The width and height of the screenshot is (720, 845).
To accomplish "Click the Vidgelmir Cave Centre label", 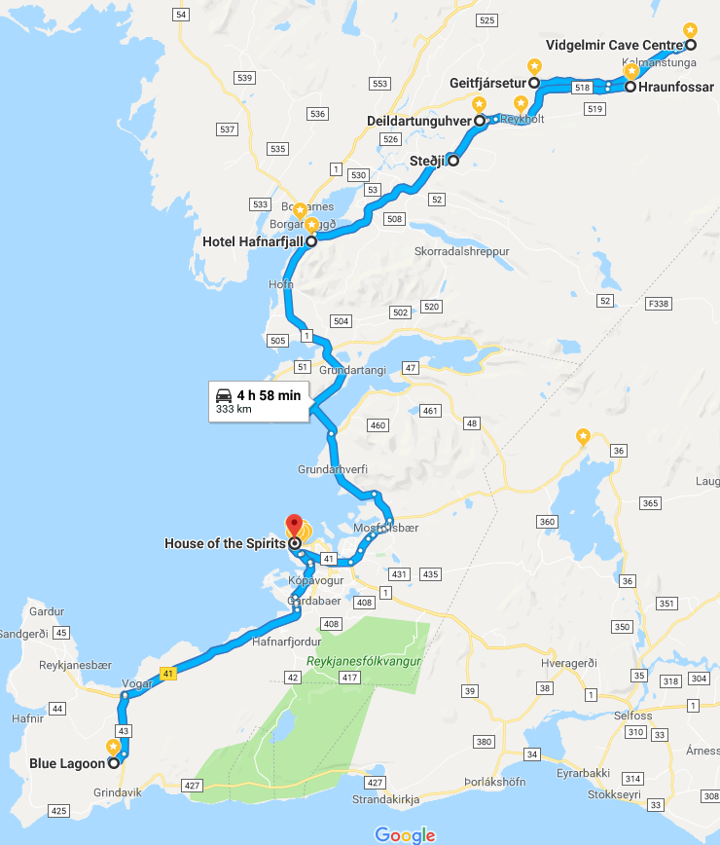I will (613, 45).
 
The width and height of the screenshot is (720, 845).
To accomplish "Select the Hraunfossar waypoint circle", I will (630, 87).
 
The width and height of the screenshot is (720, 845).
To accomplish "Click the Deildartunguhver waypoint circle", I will (479, 122).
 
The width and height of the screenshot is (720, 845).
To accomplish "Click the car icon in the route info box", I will (224, 395).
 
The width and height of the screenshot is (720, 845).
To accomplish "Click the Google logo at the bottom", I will (404, 835).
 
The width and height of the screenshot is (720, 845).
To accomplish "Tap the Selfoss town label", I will (605, 716).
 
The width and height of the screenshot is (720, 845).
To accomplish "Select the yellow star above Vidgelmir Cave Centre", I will (691, 30).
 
